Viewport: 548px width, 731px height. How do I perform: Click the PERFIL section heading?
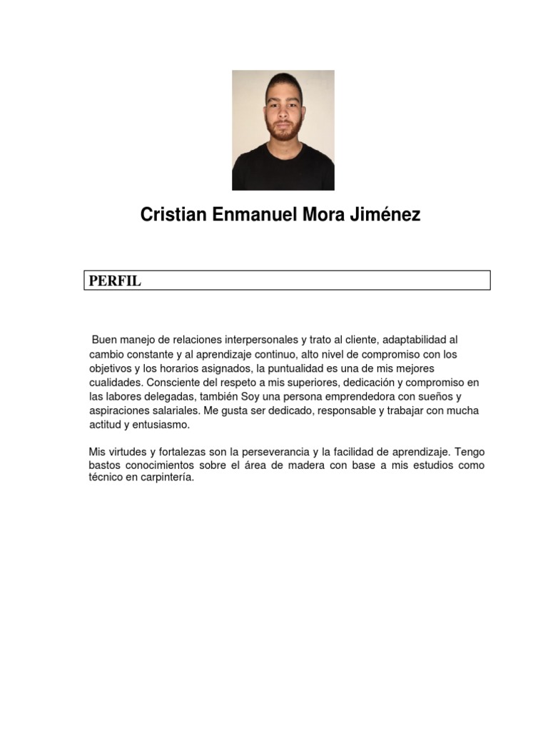115,281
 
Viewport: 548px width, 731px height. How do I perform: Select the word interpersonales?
248,341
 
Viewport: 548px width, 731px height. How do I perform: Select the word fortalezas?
163,452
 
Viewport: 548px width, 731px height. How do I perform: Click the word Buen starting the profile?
104,341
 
